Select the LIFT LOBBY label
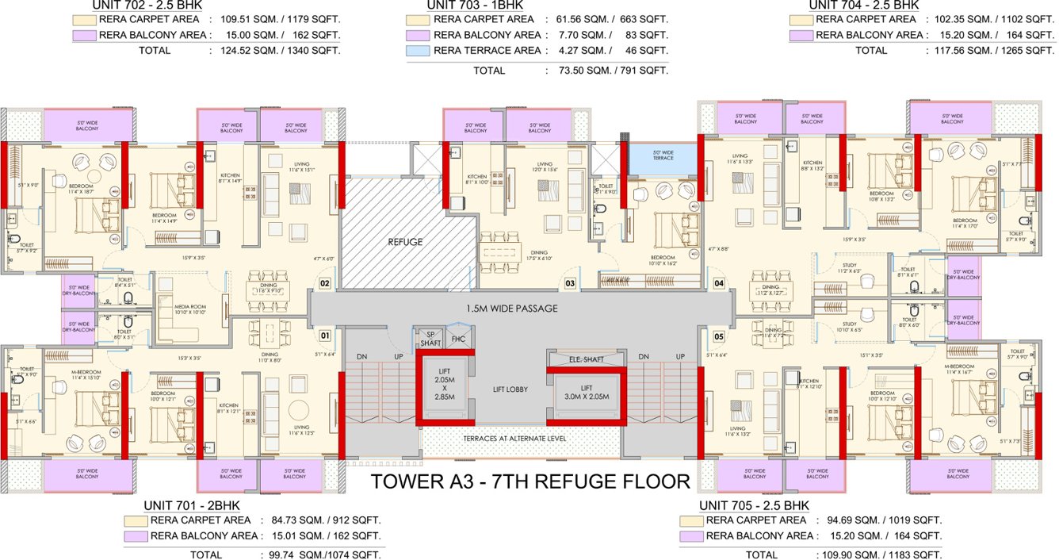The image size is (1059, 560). coord(509,389)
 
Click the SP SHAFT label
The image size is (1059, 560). coord(431,339)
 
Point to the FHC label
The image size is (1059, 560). coord(458,339)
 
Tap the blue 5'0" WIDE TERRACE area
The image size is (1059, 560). coord(662,156)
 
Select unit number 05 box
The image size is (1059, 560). coord(719,336)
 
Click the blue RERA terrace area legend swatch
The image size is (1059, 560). coord(418,51)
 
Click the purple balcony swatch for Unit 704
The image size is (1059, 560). coord(801,35)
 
